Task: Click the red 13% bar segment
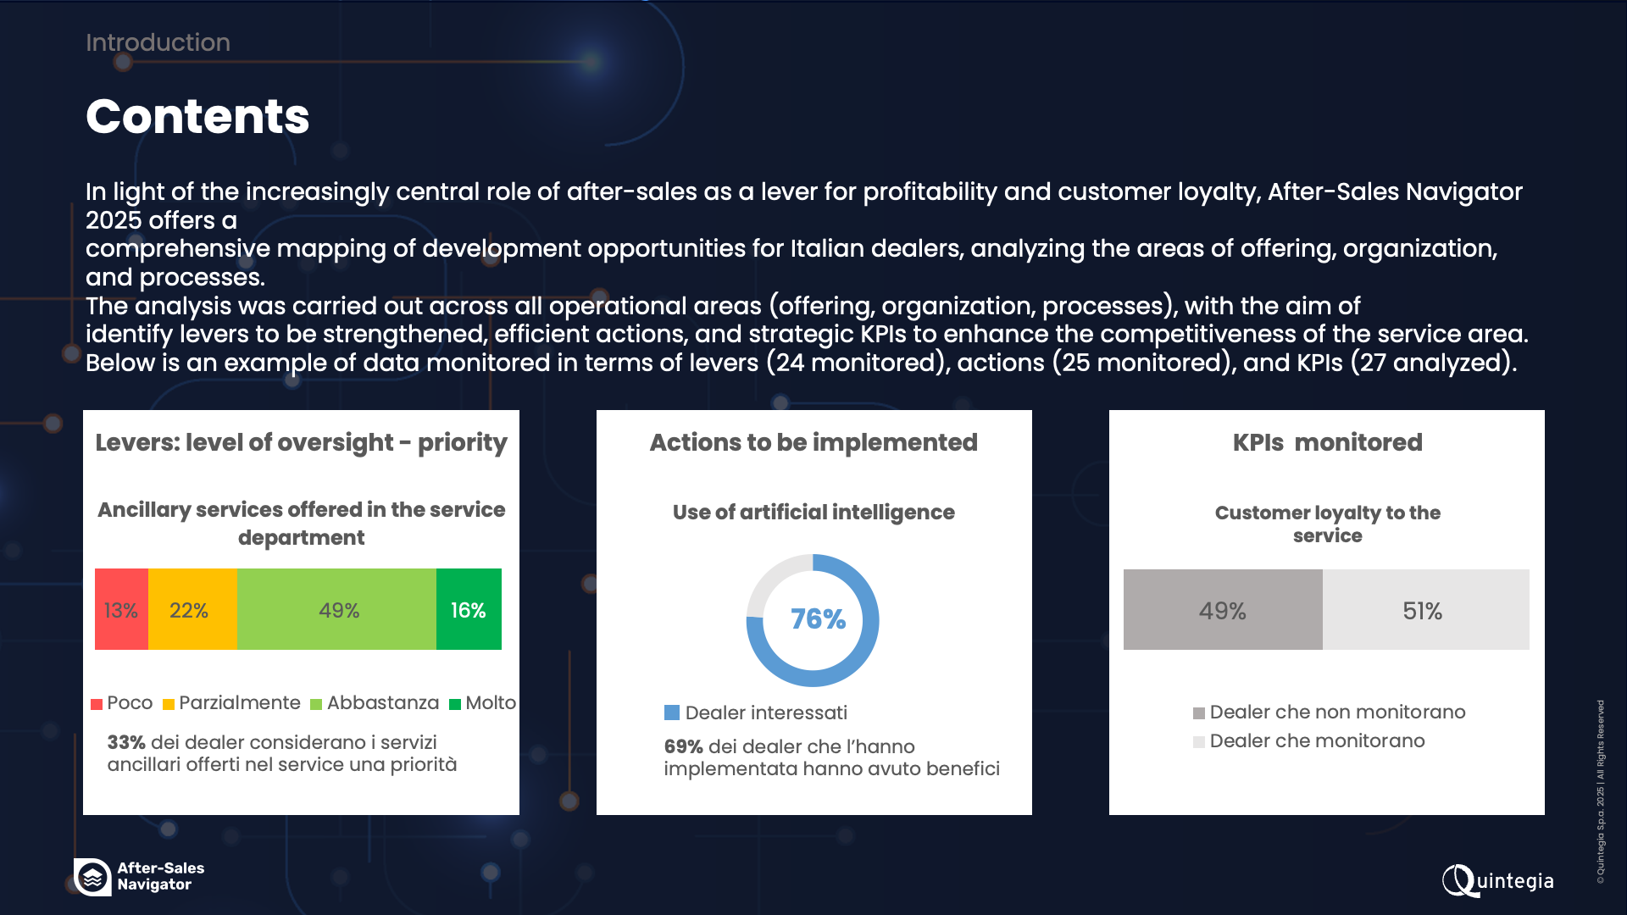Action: (x=121, y=609)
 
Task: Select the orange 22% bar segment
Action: (x=192, y=609)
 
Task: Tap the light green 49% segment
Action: (x=336, y=609)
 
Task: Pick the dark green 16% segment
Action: (x=469, y=609)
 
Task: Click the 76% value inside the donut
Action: (x=818, y=619)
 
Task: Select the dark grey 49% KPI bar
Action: (x=1223, y=609)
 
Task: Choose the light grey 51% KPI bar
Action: (x=1426, y=609)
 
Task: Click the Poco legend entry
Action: (x=122, y=703)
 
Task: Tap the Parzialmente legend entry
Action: (x=231, y=703)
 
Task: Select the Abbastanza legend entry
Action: (x=375, y=703)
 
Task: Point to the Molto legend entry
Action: (x=482, y=703)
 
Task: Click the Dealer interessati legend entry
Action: (x=756, y=713)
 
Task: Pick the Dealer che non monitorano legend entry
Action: (x=1329, y=713)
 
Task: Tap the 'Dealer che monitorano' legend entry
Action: (x=1308, y=741)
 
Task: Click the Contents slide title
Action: (x=197, y=116)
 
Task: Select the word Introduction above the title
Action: (x=158, y=42)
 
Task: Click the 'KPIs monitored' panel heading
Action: (x=1327, y=442)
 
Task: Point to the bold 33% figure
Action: (x=126, y=742)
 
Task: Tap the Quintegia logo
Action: (x=1497, y=880)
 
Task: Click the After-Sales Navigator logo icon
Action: (x=92, y=877)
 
